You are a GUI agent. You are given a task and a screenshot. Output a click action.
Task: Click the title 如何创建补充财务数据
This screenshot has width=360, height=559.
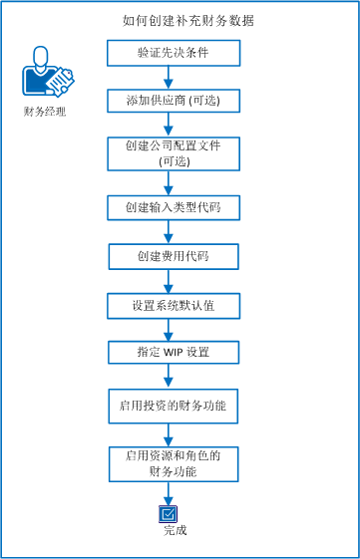pos(174,20)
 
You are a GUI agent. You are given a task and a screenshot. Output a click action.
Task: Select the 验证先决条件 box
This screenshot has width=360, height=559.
pos(174,53)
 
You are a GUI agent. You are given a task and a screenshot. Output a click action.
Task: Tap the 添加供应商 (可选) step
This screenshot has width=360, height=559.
pos(174,102)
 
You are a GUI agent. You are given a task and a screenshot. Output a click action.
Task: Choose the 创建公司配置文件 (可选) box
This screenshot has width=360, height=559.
pos(174,153)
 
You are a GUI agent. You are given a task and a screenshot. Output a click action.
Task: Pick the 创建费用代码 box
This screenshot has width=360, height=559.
pos(174,257)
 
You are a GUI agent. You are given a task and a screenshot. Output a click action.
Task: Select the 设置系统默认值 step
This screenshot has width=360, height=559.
pos(174,305)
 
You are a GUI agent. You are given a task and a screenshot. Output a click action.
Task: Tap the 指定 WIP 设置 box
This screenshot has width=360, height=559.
pos(174,352)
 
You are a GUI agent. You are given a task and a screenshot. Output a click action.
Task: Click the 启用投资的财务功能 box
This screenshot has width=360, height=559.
pos(174,406)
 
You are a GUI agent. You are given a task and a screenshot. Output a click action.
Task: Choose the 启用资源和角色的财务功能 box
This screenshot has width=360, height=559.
pos(174,462)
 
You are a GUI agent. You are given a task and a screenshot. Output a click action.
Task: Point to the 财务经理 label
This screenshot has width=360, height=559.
pos(45,112)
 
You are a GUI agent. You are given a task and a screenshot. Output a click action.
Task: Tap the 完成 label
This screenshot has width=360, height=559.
pos(175,530)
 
